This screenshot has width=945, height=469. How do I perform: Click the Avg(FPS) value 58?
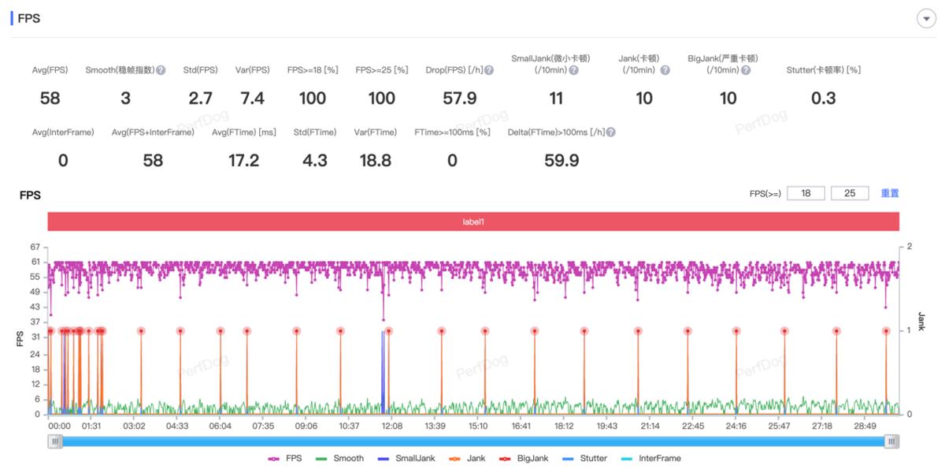click(50, 98)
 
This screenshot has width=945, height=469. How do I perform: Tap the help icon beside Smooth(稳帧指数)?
click(161, 70)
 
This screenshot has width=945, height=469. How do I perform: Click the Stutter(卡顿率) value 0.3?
click(823, 98)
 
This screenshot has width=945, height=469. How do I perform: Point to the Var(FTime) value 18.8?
click(375, 161)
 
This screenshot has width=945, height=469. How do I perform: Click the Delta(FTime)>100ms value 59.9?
click(561, 161)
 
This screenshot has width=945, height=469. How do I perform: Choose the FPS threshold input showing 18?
click(806, 193)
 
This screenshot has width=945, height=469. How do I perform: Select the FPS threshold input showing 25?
click(850, 193)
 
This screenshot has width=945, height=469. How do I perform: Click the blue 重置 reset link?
click(890, 193)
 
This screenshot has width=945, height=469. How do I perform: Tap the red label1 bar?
click(473, 222)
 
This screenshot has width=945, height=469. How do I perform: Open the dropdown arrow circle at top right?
click(926, 19)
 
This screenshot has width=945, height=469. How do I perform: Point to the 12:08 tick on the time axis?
click(391, 426)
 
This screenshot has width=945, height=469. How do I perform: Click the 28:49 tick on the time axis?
click(865, 426)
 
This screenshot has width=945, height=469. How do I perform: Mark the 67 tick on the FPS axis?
click(35, 247)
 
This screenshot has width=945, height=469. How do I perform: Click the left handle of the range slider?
click(55, 441)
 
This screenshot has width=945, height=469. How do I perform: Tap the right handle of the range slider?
click(891, 441)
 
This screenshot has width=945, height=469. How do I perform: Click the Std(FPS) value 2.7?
click(201, 98)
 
